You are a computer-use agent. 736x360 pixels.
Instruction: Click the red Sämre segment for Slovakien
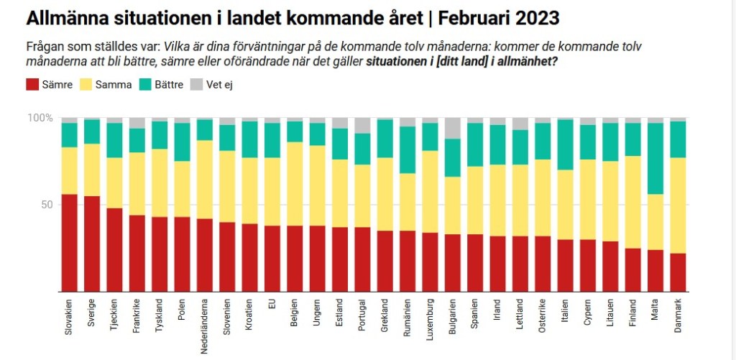pyautogui.click(x=70, y=242)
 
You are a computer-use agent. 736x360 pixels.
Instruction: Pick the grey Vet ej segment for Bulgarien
pyautogui.click(x=453, y=128)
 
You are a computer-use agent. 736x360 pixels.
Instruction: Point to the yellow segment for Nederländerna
pyautogui.click(x=205, y=179)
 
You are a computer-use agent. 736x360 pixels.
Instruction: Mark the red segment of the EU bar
pyautogui.click(x=272, y=258)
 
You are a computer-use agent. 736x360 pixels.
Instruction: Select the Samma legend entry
pyautogui.click(x=106, y=85)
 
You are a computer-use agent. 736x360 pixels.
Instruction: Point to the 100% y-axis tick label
pyautogui.click(x=40, y=118)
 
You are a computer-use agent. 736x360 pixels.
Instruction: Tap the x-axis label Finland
pyautogui.click(x=633, y=313)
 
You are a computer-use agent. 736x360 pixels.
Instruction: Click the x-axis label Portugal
pyautogui.click(x=362, y=315)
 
